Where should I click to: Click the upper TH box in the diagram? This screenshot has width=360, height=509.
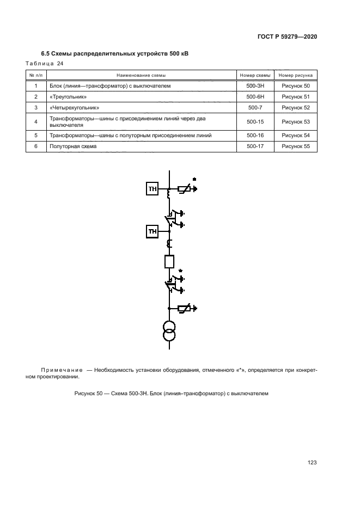coord(151,189)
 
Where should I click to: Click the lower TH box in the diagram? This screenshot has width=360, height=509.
coord(151,232)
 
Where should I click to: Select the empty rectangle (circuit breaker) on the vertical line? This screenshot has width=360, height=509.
coord(169,262)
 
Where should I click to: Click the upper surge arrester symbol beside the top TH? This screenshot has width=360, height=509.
coord(185,189)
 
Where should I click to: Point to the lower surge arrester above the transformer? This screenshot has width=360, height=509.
coord(185,309)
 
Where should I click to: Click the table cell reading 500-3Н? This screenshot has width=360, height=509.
coord(254,86)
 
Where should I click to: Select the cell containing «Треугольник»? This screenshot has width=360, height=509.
coord(68,97)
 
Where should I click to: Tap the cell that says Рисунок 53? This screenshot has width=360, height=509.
coord(295,121)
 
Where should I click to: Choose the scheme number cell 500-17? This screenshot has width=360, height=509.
coord(254,146)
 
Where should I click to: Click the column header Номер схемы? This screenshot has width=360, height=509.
coord(254,75)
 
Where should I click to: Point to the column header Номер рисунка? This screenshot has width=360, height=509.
coord(295,75)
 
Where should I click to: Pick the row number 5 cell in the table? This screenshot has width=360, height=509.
coord(35,135)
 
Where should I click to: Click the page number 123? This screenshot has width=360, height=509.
coord(312,463)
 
